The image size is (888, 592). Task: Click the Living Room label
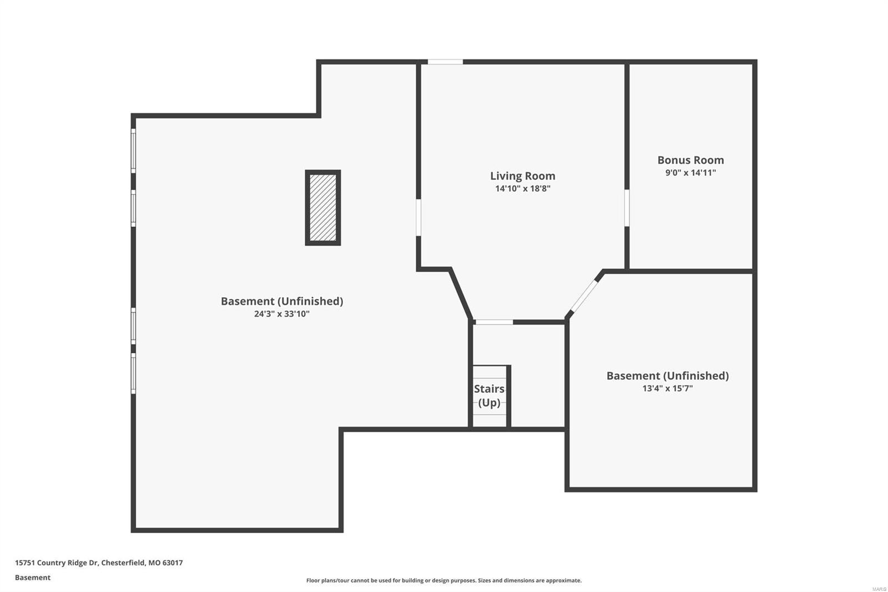pos(522,176)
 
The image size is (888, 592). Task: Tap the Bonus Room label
pos(690,160)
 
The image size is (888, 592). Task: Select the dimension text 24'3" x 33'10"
pos(281,314)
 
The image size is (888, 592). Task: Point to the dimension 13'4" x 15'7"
pos(667,388)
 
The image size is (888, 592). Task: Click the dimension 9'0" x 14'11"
pos(690,173)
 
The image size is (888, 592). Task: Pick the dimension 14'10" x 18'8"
pos(522,189)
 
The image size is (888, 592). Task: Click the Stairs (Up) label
pos(489,395)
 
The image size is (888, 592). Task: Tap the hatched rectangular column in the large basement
pos(322,208)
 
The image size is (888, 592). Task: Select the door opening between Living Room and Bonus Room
pos(627,208)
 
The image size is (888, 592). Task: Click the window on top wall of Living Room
pos(445,62)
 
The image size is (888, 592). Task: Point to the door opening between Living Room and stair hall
pos(494,322)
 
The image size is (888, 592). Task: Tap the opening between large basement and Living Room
pos(418,217)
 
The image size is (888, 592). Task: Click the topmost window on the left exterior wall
pos(133,150)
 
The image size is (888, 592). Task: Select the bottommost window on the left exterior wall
pos(133,373)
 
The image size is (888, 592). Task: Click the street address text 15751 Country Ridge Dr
pos(56,563)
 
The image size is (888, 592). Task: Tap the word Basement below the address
pos(32,578)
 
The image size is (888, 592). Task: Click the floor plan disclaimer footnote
pos(444,580)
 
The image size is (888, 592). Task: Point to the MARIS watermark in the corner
pos(879,588)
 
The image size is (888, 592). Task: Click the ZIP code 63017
pos(172,563)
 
